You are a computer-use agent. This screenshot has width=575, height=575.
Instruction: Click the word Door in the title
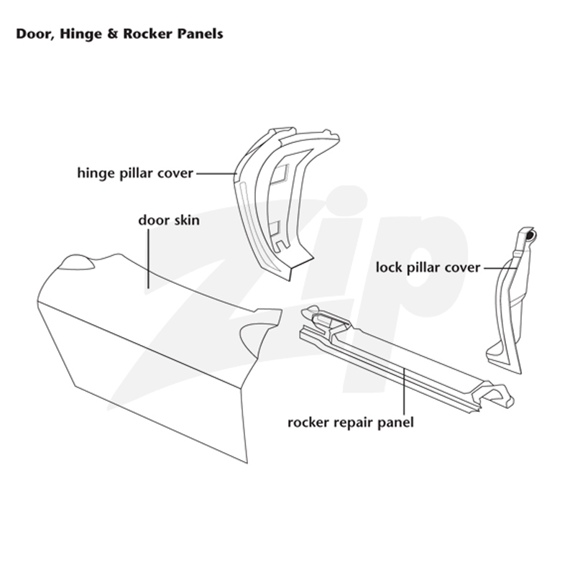pyautogui.click(x=33, y=34)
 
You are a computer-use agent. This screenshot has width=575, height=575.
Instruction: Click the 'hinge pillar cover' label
pyautogui.click(x=135, y=173)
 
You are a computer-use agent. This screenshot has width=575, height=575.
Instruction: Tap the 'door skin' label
pyautogui.click(x=169, y=220)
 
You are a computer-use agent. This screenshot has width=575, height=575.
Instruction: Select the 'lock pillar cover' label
pyautogui.click(x=428, y=267)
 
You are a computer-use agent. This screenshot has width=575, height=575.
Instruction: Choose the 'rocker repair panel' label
pyautogui.click(x=351, y=423)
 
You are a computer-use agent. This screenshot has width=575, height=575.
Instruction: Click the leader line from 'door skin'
pyautogui.click(x=149, y=259)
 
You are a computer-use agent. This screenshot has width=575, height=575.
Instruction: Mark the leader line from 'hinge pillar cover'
pyautogui.click(x=216, y=173)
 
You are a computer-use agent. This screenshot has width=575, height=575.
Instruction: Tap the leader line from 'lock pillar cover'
pyautogui.click(x=500, y=268)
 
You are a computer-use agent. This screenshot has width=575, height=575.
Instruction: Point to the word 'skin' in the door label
pyautogui.click(x=185, y=220)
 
